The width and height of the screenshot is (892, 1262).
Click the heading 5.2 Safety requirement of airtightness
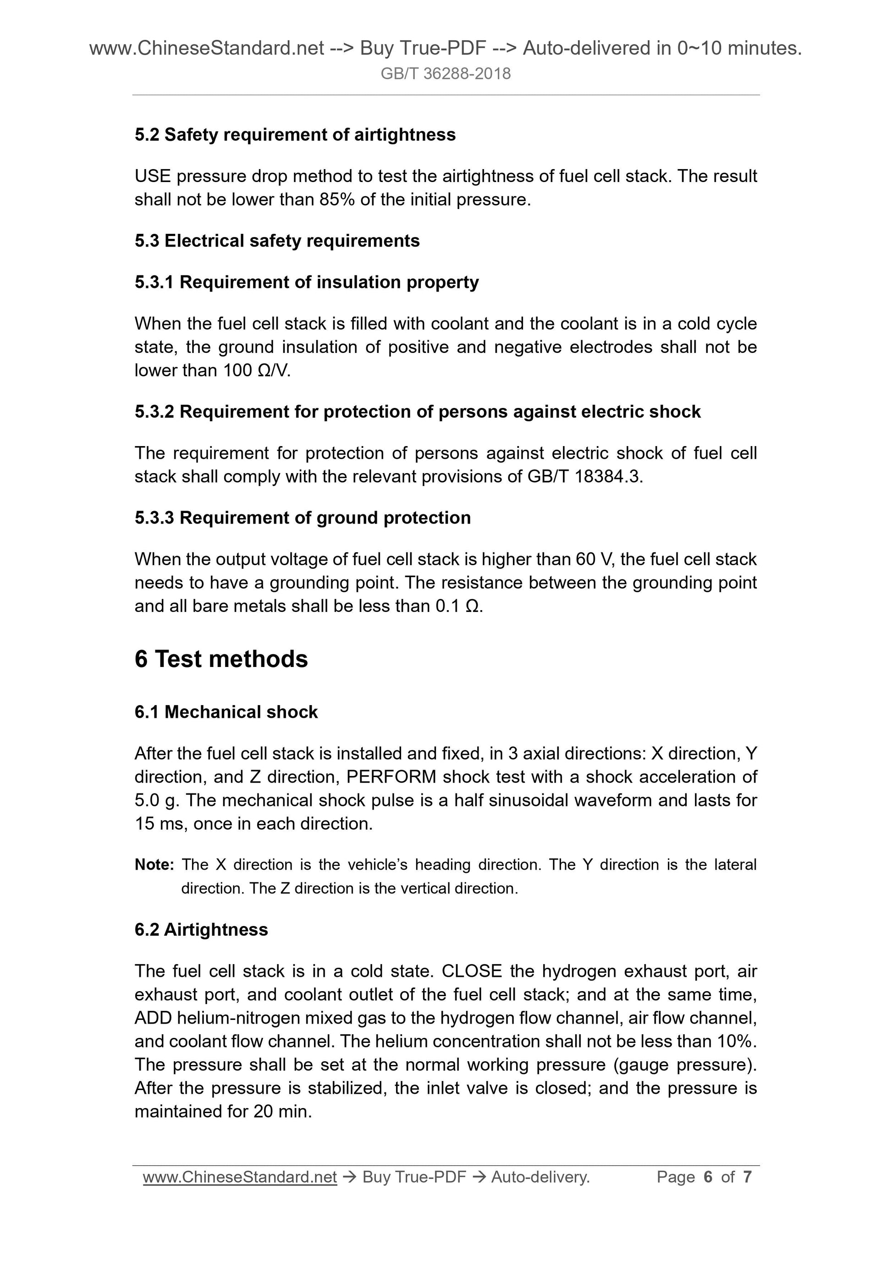pyautogui.click(x=295, y=135)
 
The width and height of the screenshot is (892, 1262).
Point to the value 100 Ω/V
pyautogui.click(x=256, y=371)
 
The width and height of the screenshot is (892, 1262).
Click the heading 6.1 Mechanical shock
pyautogui.click(x=226, y=712)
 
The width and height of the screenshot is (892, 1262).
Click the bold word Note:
pyautogui.click(x=154, y=865)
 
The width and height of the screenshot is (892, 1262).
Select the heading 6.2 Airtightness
pyautogui.click(x=201, y=930)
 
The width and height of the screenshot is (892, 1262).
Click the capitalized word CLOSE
pyautogui.click(x=472, y=971)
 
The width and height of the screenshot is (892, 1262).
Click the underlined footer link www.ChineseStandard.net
pyautogui.click(x=240, y=1177)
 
